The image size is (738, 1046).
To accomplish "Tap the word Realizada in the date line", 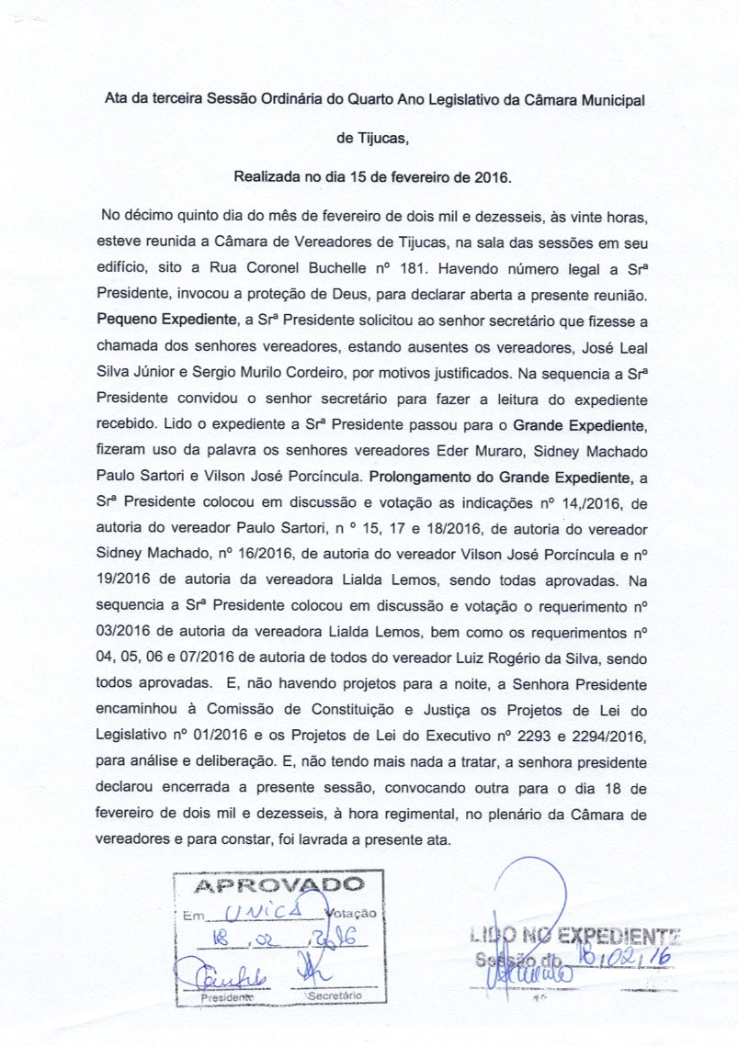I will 267,174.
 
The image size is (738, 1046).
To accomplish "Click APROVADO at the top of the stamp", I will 279,886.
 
